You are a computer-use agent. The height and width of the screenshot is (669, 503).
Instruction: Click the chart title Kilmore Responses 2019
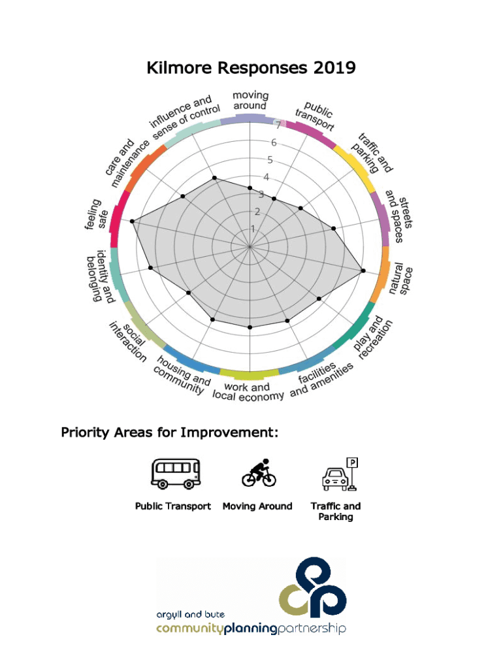pos(252,68)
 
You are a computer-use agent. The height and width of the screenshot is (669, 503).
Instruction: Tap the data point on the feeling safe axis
pos(133,222)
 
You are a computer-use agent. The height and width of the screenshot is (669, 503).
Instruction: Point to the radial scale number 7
pos(278,125)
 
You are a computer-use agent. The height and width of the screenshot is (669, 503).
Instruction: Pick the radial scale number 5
pos(269,160)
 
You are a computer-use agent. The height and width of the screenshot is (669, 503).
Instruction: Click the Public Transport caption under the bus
pos(173,506)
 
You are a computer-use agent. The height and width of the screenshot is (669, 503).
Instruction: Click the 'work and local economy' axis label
pos(248,392)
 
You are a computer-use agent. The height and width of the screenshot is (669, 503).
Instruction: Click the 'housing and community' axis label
pos(182,376)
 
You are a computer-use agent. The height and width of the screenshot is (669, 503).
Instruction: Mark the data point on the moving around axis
pos(250,188)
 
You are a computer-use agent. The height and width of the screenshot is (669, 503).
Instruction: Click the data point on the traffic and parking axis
pos(300,208)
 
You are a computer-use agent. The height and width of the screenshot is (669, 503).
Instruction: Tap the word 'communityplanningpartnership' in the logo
pos(251,629)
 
